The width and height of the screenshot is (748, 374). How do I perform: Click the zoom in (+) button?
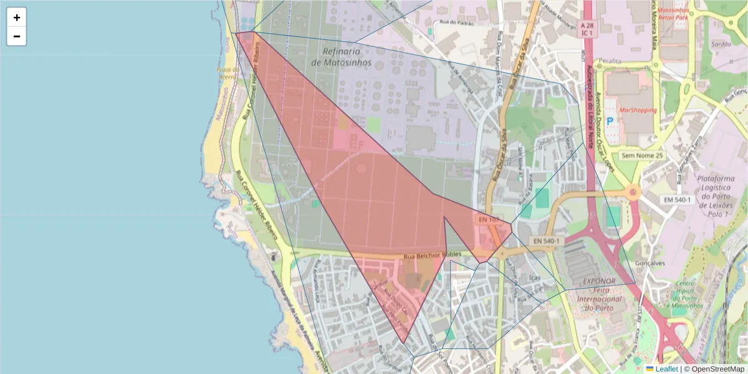17,17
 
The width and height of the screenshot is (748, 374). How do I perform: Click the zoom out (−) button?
17,36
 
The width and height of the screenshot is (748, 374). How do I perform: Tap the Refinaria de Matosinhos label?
341,57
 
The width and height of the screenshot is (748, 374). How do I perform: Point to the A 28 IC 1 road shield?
586,28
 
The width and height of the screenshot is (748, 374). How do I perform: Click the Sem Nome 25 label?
644,155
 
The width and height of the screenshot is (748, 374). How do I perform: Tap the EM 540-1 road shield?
678,199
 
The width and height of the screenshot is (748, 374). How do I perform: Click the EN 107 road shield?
489,219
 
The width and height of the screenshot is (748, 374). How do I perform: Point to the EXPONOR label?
599,281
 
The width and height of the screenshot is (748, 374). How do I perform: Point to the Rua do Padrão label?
458,23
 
